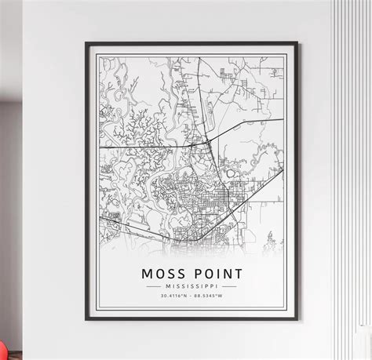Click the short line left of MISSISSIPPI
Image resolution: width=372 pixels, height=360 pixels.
(x=153, y=288)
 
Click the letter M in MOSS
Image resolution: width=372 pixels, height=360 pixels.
(x=148, y=274)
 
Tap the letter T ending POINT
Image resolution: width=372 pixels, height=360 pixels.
(x=238, y=274)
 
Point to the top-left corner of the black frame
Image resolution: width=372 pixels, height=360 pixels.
(x=86, y=43)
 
